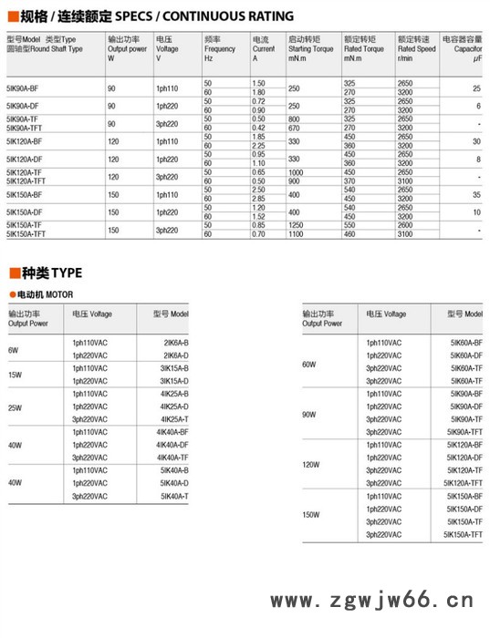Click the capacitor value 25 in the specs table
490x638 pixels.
coord(476,88)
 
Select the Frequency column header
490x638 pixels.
coord(220,48)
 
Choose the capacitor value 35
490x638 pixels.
coord(476,194)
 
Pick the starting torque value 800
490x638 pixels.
coord(294,118)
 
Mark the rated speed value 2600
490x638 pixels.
coord(408,224)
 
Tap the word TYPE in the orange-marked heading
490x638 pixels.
coord(66,273)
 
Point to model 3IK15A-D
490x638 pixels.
coord(174,380)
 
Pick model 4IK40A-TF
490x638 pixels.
coord(172,458)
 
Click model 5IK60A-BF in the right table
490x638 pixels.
coord(466,342)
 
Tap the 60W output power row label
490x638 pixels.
coord(308,365)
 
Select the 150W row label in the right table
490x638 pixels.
coord(310,515)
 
